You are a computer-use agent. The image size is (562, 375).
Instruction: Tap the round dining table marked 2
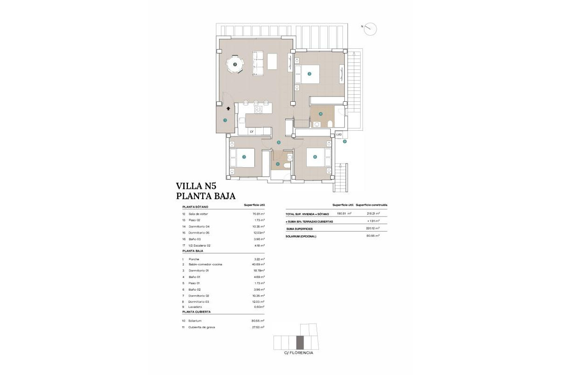[x=235, y=65]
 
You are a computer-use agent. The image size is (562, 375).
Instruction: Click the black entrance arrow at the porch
[x=228, y=108]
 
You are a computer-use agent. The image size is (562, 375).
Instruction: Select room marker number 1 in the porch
[x=225, y=120]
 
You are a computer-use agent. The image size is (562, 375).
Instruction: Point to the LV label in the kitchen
[x=251, y=132]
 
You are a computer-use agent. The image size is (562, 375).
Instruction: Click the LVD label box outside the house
[x=340, y=135]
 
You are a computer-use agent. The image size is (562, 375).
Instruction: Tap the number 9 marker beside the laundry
[x=345, y=141]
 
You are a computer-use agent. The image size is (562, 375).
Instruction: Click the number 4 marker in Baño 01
[x=321, y=114]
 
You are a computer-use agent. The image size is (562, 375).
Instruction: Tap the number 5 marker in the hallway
[x=279, y=142]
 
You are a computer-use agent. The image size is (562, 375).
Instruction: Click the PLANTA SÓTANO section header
[x=195, y=206]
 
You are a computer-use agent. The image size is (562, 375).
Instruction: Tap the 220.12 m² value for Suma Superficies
[x=372, y=228]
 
